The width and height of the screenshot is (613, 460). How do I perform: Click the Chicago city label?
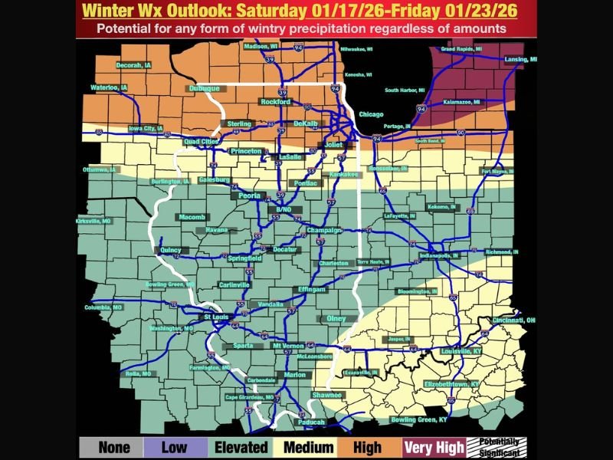(x=371, y=114)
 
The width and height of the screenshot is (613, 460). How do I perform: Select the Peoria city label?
(x=250, y=196)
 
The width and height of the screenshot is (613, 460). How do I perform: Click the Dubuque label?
(x=204, y=89)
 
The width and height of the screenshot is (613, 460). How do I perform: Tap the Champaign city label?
(x=323, y=230)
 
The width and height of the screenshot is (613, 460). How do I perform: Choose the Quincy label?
(x=170, y=250)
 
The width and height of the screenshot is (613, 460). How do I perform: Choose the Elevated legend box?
(x=241, y=448)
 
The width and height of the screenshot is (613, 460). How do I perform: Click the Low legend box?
(x=175, y=448)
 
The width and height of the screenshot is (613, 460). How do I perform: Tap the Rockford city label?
(x=276, y=102)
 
